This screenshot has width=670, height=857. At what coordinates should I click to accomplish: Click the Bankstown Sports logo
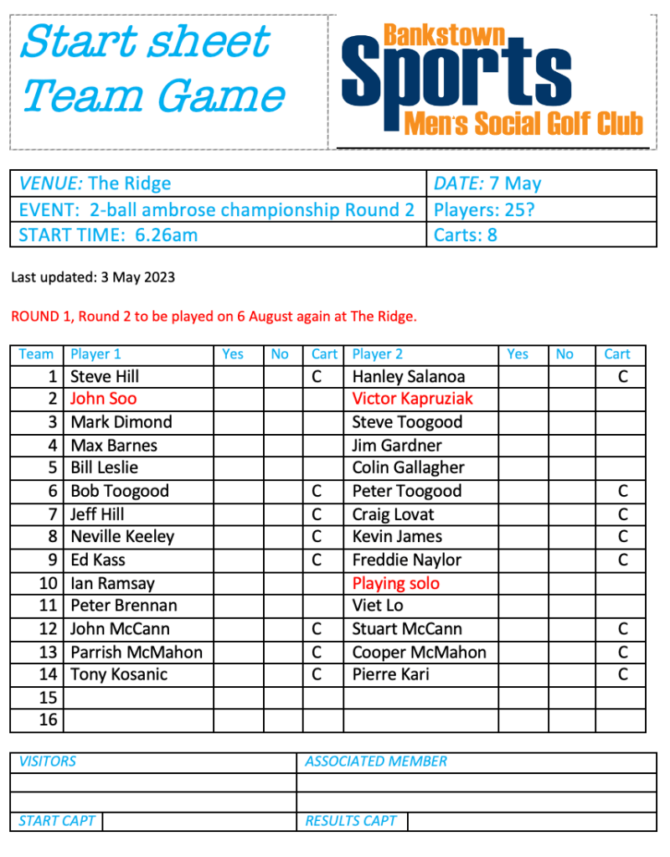point(492,80)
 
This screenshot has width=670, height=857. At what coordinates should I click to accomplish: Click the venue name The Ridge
point(129,183)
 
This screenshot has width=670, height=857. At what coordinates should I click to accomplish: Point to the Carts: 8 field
point(466,235)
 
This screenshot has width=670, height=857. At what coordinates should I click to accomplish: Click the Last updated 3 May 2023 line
point(93,277)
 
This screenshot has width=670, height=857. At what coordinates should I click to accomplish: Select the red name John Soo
point(103,399)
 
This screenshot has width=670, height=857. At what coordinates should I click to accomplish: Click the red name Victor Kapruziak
point(412,399)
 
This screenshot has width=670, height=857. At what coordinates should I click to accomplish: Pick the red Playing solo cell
point(395,583)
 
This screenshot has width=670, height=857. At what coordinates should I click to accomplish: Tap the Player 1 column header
point(95,354)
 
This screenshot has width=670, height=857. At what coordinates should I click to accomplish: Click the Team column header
point(36,354)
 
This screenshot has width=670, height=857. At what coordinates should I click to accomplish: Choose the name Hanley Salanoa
point(408,377)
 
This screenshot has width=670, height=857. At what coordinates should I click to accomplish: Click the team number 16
point(49,720)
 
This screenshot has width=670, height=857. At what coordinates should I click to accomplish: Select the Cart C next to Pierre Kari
point(621,674)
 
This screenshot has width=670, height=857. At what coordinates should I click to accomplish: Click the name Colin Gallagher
point(408,467)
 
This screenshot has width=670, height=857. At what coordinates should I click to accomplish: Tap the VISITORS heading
point(47,761)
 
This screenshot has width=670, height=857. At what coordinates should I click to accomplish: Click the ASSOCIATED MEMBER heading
point(376,761)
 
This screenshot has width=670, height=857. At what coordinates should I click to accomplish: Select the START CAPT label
point(57,821)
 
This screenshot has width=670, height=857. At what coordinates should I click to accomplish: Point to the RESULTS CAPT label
point(351,821)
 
